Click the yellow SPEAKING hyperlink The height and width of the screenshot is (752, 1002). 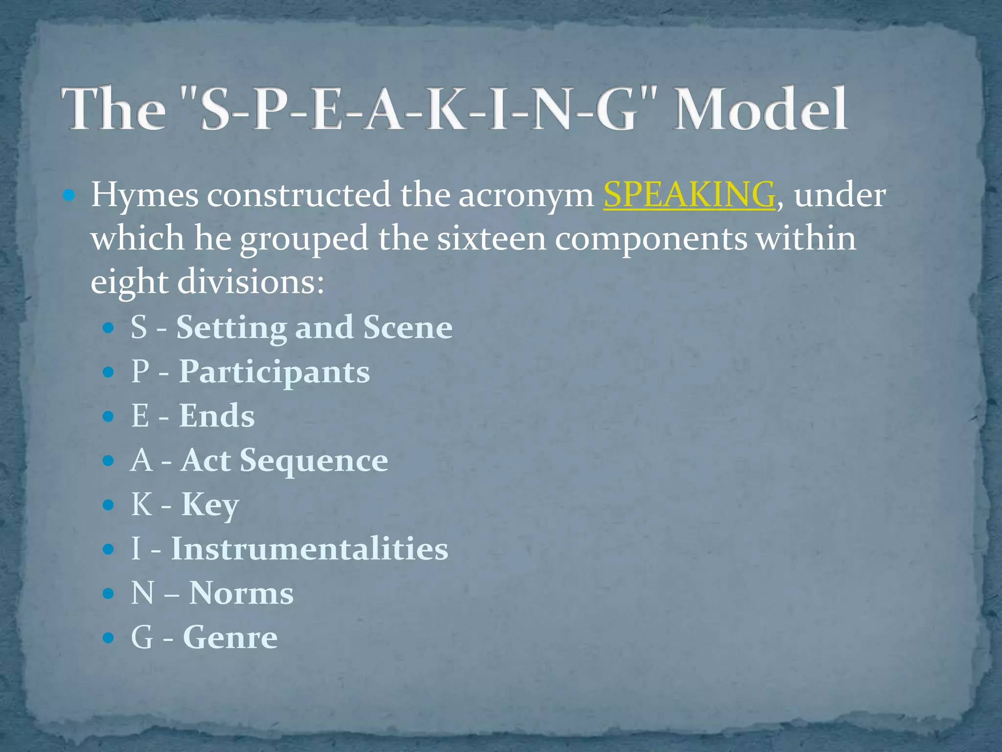(689, 195)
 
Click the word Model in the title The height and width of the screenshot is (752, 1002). (760, 109)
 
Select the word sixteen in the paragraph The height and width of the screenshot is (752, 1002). (491, 239)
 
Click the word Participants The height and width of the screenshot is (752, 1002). (274, 372)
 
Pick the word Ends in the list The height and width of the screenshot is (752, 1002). (217, 416)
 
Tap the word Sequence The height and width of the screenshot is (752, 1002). (314, 461)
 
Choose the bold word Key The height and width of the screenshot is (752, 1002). (210, 505)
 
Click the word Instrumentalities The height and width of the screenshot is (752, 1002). (309, 549)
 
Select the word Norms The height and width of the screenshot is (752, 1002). (241, 593)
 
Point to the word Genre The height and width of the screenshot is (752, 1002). (230, 637)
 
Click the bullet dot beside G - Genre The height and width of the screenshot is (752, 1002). (108, 638)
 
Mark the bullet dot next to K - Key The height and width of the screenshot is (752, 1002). (108, 505)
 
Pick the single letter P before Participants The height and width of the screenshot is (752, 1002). (140, 372)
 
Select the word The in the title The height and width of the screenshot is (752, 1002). (113, 109)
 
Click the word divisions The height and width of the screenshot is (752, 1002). (250, 282)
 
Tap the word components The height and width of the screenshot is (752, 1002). (651, 239)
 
